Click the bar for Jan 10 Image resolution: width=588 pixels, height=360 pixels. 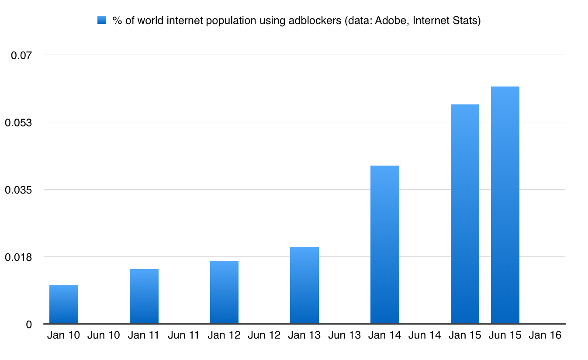(64, 305)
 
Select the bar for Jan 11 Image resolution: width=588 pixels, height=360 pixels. (144, 297)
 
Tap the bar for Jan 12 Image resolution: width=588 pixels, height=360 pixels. (224, 293)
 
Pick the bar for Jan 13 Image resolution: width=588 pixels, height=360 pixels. (304, 285)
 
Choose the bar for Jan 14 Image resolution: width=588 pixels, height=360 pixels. (385, 245)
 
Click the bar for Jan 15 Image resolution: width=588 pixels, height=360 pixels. (465, 214)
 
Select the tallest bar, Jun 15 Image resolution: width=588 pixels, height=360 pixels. (505, 205)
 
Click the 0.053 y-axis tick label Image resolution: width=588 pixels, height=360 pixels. (19, 122)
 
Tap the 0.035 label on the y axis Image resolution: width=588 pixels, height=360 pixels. (19, 190)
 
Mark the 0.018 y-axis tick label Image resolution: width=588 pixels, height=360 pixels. (19, 257)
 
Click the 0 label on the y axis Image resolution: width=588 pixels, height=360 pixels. (29, 324)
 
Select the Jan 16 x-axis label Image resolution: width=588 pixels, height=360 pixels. (545, 336)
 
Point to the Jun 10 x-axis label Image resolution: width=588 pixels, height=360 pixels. (104, 336)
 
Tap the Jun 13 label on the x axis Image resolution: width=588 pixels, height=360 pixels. (344, 336)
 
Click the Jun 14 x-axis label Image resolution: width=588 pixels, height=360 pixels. (425, 336)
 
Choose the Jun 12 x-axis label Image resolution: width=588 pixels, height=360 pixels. (264, 336)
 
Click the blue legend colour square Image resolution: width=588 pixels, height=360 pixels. (102, 21)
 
